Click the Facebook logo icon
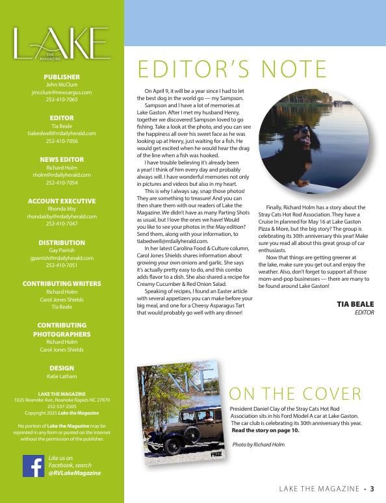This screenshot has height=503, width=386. point(33,465)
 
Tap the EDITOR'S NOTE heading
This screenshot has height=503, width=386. point(232,69)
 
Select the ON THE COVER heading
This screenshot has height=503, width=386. point(295,393)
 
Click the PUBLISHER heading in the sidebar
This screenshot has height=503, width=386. point(62,77)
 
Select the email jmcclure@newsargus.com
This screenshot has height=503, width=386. point(62,92)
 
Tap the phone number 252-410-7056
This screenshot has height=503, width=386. point(62,140)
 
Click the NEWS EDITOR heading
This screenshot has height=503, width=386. point(62,159)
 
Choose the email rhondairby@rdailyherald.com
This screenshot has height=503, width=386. point(62,216)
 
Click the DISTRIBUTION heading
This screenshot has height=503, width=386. point(62,242)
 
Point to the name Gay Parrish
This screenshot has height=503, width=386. point(62,250)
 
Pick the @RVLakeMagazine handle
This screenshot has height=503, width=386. point(75,473)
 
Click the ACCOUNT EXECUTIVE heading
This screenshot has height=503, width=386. point(62,201)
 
